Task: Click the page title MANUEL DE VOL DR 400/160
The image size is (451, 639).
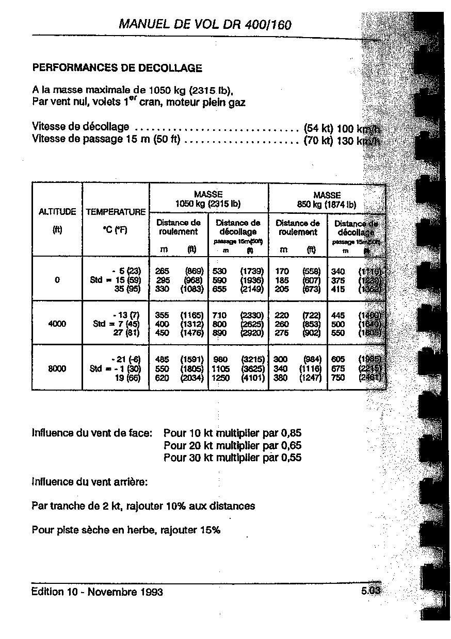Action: pos(205,24)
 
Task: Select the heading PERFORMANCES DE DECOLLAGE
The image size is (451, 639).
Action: pos(117,68)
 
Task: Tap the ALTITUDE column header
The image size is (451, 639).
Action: pos(57,212)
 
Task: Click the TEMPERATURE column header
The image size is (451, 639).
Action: pos(116,212)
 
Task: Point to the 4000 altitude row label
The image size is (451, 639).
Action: pos(57,324)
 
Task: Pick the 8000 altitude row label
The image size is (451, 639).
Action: pos(57,369)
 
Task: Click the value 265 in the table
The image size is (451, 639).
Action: pos(162,271)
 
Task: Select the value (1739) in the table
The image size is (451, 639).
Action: pos(252,271)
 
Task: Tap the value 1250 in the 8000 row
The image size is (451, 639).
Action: pos(222,378)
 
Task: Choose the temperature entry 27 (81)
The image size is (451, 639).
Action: pos(125,333)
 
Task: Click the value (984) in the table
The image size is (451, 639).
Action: pos(311,359)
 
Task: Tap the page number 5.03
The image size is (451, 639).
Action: pos(371,592)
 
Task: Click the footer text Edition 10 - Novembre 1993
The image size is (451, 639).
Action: pos(97,592)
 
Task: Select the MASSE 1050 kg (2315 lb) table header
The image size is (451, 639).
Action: pos(208,199)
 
